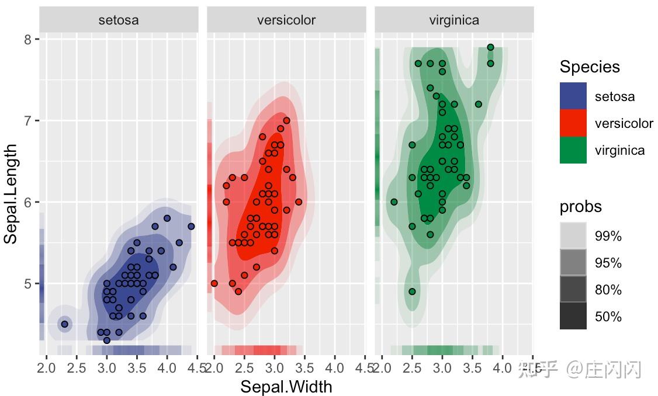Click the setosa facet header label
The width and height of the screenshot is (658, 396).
[x=119, y=20]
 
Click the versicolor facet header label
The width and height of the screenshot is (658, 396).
[x=286, y=20]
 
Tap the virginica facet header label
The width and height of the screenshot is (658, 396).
[x=454, y=20]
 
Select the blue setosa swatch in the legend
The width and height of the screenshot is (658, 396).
[x=573, y=96]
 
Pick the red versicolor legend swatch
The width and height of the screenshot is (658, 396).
[x=573, y=123]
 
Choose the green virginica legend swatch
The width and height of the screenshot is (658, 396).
[x=573, y=150]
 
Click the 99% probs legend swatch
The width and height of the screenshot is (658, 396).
[x=573, y=236]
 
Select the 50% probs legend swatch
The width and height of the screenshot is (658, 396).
[x=573, y=317]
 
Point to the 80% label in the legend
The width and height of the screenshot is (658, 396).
[x=608, y=290]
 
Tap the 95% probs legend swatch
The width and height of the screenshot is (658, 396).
[x=573, y=263]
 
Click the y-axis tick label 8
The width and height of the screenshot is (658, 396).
[x=28, y=39]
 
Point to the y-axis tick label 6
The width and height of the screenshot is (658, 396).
[x=28, y=202]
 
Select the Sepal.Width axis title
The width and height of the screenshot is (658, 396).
[x=286, y=387]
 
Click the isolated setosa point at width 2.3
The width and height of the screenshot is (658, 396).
[x=65, y=324]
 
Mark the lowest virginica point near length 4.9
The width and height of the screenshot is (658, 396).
[x=412, y=291]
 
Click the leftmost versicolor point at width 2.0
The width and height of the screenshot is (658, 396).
[x=214, y=283]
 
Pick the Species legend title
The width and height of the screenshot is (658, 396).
[x=590, y=67]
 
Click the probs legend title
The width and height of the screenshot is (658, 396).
[x=580, y=207]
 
